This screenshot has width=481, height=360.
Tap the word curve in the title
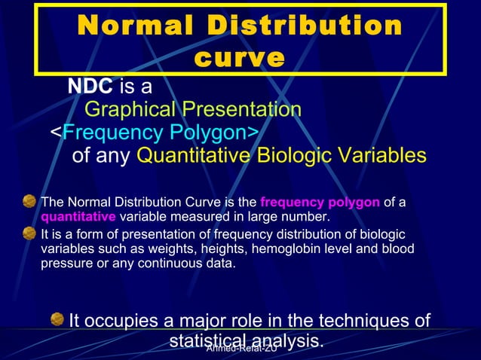click(239, 58)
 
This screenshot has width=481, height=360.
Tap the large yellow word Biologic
click(302, 156)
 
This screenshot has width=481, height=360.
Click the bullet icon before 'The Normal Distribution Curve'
click(29, 201)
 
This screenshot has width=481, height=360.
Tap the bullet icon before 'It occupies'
click(57, 320)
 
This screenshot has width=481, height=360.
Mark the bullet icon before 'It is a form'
click(29, 232)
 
